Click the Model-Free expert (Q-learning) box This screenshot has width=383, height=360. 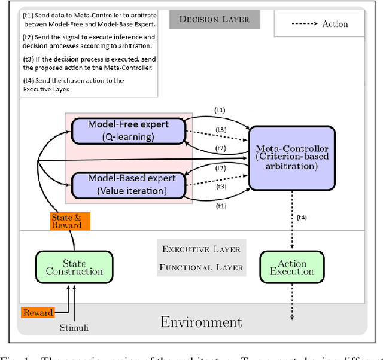click(127, 130)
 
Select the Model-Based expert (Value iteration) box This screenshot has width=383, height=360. click(127, 184)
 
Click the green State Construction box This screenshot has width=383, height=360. click(74, 267)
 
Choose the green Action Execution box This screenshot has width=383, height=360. click(291, 267)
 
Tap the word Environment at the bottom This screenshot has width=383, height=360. click(201, 322)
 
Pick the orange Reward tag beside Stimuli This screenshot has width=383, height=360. click(38, 312)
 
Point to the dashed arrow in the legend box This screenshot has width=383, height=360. click(299, 25)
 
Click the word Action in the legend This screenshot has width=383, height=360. click(335, 24)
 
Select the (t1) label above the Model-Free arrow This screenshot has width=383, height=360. click(220, 110)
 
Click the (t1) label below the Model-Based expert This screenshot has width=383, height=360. click(220, 205)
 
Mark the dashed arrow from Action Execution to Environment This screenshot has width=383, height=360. click(292, 305)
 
